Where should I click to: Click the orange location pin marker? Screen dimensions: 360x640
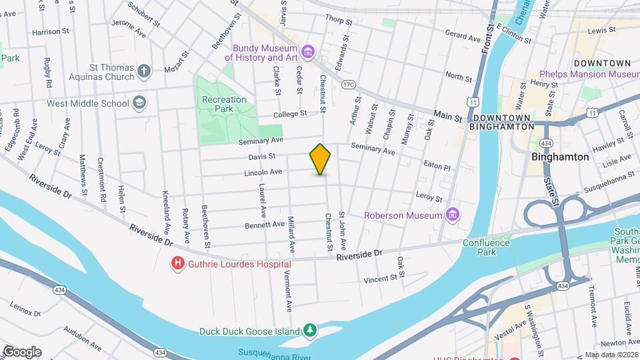(320, 160)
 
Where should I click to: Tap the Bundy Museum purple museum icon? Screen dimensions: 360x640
(307, 52)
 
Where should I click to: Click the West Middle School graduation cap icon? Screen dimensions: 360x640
(139, 103)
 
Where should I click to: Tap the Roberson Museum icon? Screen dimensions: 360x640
(453, 215)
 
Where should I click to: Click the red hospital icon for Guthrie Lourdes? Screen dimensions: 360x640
(178, 264)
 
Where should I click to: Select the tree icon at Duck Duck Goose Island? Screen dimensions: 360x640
(309, 331)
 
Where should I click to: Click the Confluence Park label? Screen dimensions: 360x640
(487, 248)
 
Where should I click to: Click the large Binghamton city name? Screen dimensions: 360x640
(560, 157)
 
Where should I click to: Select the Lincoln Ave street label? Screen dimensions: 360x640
(263, 172)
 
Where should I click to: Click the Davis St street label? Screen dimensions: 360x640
(263, 157)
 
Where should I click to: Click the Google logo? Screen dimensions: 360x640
(22, 351)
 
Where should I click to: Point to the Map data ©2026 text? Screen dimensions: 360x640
(611, 355)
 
